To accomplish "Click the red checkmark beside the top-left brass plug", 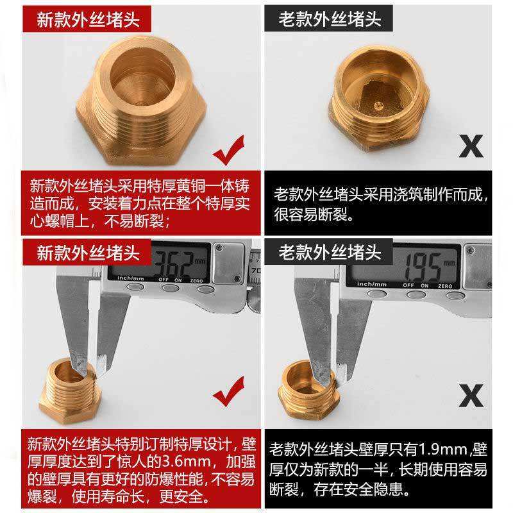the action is pyautogui.click(x=229, y=151).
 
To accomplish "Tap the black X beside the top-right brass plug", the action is pyautogui.click(x=471, y=146).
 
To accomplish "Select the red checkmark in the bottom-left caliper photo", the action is pyautogui.click(x=229, y=392).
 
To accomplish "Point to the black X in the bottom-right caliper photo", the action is pyautogui.click(x=471, y=396).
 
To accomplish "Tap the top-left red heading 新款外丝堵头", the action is pyautogui.click(x=88, y=19).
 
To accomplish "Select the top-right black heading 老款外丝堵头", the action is pyautogui.click(x=330, y=19).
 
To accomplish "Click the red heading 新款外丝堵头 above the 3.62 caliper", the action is pyautogui.click(x=88, y=253).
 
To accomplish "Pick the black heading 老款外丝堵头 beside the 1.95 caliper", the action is pyautogui.click(x=330, y=252).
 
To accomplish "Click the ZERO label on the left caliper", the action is pyautogui.click(x=196, y=281).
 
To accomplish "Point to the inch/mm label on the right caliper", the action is pyautogui.click(x=372, y=284).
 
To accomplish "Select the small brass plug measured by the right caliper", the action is pyautogui.click(x=308, y=389).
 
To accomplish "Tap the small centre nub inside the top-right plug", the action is pyautogui.click(x=378, y=106).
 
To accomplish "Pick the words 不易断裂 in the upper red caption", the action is pyautogui.click(x=134, y=221).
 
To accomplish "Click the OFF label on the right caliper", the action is pyautogui.click(x=408, y=285).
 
